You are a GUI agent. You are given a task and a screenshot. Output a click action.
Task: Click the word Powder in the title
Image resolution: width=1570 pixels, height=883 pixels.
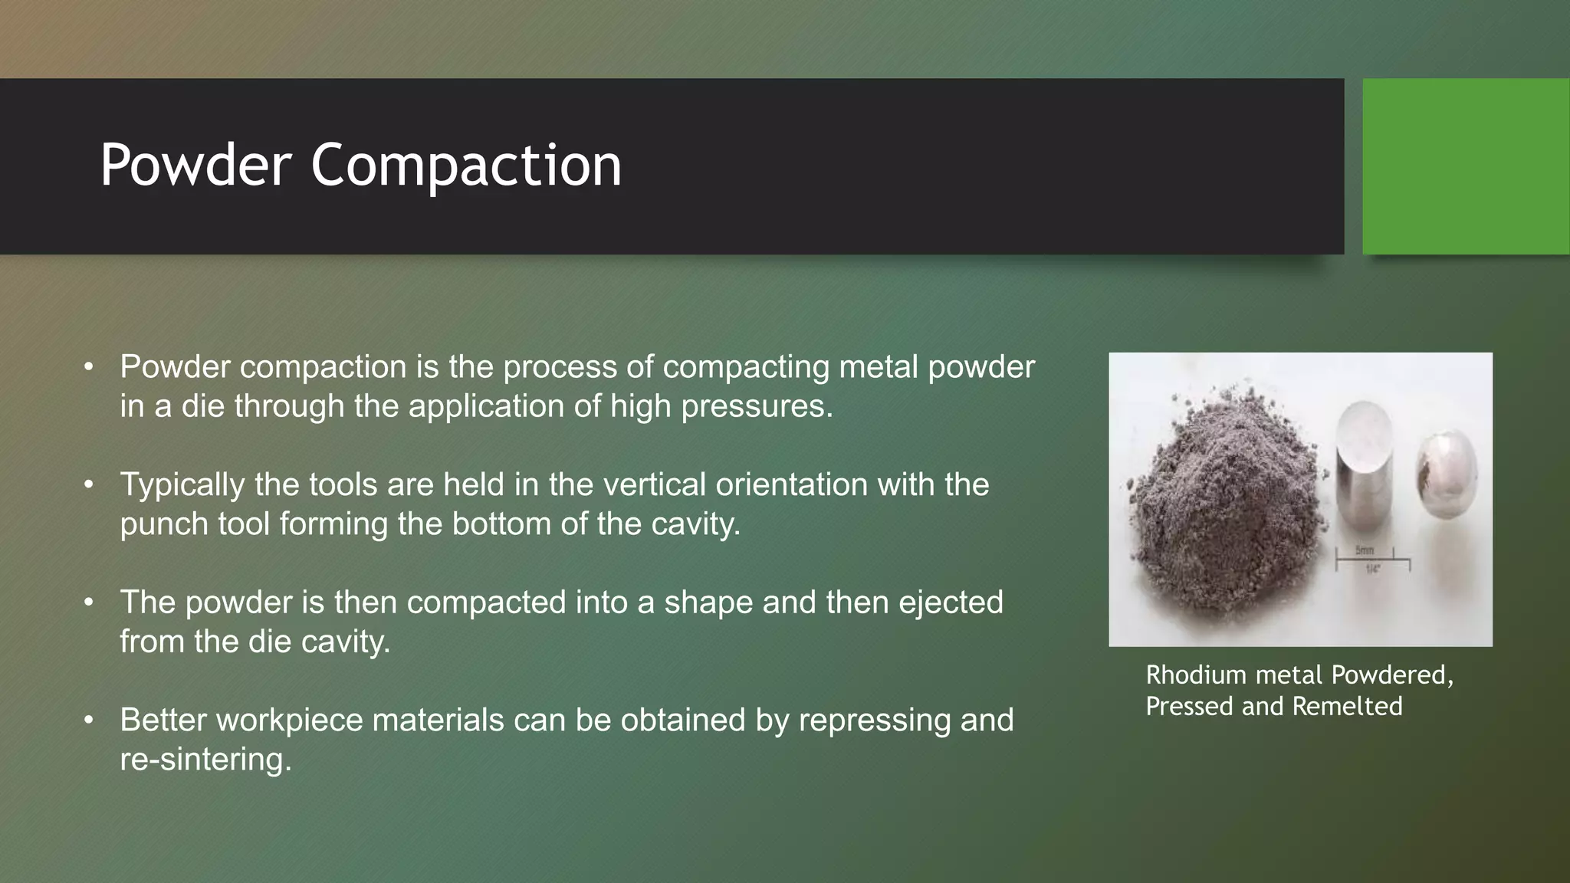click(x=195, y=166)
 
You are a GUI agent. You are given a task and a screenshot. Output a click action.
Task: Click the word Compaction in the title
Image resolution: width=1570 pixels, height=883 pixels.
click(x=465, y=166)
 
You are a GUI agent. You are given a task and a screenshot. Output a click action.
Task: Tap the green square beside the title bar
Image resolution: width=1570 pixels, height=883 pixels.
click(x=1466, y=166)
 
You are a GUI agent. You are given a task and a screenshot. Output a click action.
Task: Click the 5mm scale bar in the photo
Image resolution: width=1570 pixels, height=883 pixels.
click(x=1372, y=561)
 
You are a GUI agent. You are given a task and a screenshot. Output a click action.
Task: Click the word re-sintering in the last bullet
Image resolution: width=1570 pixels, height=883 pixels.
click(x=205, y=760)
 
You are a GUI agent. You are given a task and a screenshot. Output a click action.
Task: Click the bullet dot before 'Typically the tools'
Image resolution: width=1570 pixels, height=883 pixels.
click(x=89, y=485)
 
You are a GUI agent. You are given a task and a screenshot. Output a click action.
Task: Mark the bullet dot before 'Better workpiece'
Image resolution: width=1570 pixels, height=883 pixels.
click(x=89, y=721)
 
